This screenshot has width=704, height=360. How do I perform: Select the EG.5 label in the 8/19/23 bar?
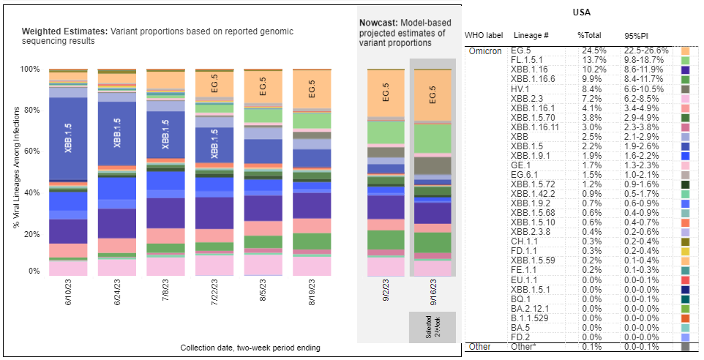(x=311, y=87)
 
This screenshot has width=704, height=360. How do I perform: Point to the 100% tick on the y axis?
(x=31, y=69)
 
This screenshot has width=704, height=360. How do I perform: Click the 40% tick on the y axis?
(x=34, y=192)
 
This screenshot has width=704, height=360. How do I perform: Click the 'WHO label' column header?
(x=484, y=35)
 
